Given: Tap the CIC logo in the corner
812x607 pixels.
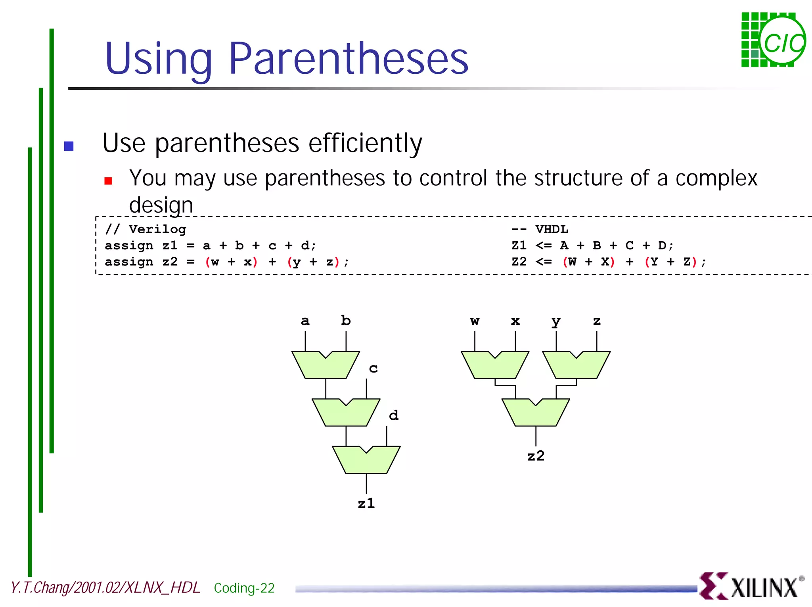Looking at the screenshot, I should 773,40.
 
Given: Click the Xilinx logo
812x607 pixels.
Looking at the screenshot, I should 751,586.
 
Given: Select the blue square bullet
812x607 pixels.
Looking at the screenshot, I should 69,146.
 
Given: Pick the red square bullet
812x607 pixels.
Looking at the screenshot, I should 108,181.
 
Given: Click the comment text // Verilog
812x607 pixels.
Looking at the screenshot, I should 146,229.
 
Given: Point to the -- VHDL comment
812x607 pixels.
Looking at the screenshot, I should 540,229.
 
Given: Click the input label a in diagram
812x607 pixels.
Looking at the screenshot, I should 305,321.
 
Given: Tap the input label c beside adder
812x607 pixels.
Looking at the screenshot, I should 373,369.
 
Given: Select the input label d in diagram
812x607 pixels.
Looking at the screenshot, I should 393,415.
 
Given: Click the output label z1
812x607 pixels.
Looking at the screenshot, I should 366,503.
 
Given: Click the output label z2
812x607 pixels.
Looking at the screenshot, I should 536,456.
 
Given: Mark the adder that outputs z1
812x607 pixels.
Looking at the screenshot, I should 366,461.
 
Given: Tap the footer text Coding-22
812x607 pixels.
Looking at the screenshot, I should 244,588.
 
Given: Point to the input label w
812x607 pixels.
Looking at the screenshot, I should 475,321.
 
